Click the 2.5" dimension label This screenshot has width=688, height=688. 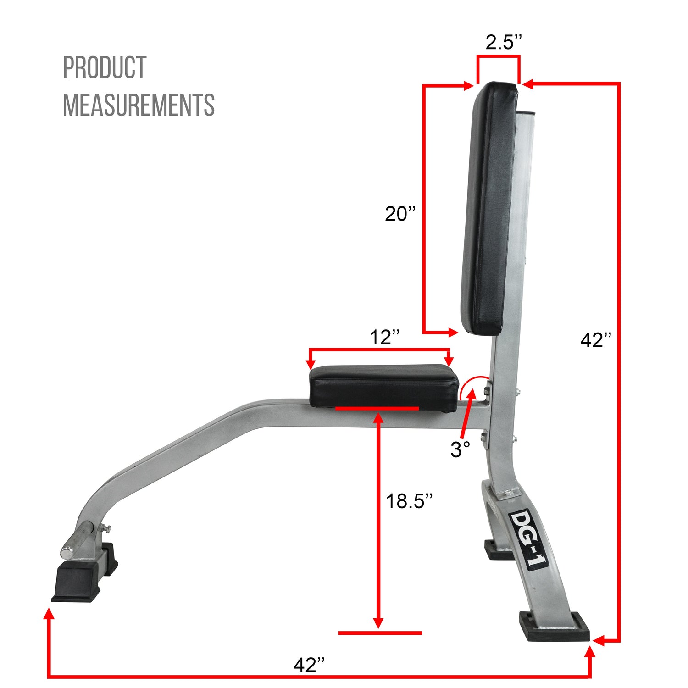click(x=503, y=43)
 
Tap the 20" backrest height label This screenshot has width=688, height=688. click(x=400, y=214)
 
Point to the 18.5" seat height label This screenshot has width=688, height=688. click(x=409, y=501)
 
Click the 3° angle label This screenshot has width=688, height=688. click(x=460, y=450)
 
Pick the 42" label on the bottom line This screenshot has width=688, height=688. click(x=309, y=665)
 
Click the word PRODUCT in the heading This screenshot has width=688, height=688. click(x=105, y=68)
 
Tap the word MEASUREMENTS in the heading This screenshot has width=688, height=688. click(x=139, y=105)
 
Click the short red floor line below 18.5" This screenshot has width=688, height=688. click(x=380, y=633)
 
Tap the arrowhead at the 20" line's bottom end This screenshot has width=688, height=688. click(x=453, y=332)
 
